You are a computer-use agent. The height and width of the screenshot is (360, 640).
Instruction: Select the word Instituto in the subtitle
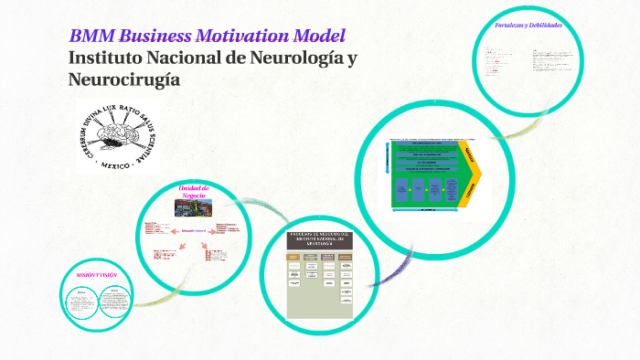tap(105, 58)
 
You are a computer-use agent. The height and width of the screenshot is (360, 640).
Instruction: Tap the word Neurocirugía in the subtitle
tap(124, 79)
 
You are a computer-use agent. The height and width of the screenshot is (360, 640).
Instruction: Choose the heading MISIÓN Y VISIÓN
tap(96, 275)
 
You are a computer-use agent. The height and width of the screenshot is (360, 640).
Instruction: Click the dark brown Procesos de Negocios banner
tap(319, 240)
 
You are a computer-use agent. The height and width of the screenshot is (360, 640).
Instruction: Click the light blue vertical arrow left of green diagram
tap(391, 174)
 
